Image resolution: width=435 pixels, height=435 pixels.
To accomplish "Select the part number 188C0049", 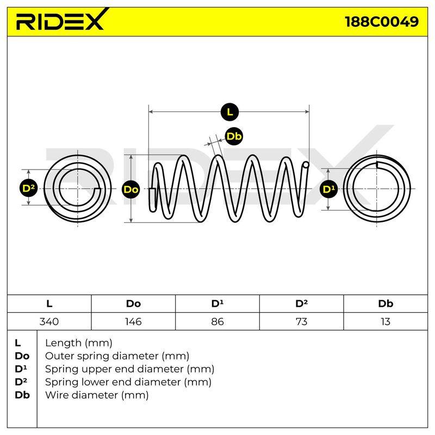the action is click(382, 22).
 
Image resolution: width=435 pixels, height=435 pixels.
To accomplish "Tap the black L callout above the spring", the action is click(229, 112).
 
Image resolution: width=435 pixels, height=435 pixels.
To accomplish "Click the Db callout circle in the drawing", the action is click(234, 136).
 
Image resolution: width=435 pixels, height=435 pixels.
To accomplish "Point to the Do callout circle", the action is click(131, 189).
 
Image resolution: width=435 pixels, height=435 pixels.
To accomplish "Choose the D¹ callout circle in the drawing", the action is click(328, 189).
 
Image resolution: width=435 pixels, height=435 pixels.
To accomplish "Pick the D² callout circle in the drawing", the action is click(29, 188).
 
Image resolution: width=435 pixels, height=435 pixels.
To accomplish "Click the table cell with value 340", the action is click(49, 321).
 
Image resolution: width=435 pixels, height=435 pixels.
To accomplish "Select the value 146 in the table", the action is click(133, 321).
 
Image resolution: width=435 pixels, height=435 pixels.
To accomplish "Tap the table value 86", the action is click(217, 321).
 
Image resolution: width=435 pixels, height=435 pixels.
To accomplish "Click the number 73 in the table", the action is click(302, 321).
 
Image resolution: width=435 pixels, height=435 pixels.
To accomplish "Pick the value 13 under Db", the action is click(386, 321).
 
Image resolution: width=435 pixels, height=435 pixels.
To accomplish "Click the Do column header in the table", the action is click(133, 304).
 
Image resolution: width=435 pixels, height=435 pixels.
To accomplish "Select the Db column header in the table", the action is click(386, 304).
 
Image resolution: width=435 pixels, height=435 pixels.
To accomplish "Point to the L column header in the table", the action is click(49, 304).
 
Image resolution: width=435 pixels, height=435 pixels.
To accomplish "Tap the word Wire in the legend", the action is click(58, 395).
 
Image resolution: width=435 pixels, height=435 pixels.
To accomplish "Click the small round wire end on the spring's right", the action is click(306, 165).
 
